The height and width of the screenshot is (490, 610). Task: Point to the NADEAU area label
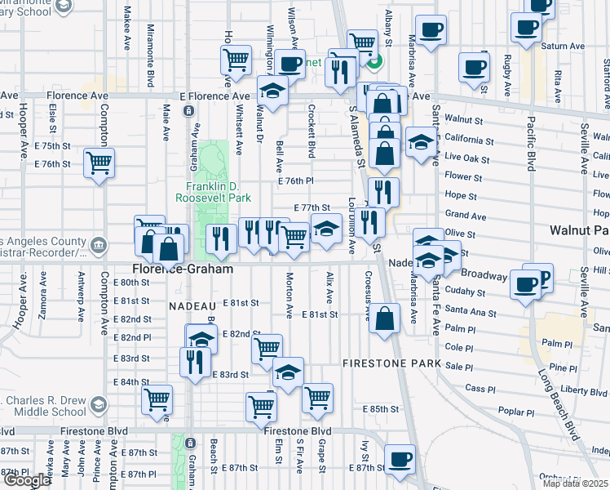(x=192, y=305)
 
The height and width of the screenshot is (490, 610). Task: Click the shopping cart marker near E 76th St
(x=99, y=162)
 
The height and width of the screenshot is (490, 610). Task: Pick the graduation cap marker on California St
(x=421, y=142)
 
